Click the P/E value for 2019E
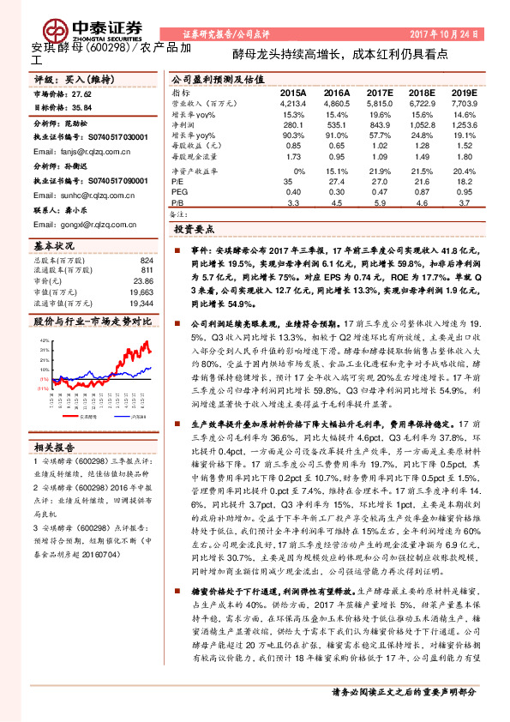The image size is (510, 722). coord(463,183)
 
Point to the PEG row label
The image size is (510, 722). coord(179,193)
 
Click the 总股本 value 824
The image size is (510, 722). coord(147,260)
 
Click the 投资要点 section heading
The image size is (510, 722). coord(195,231)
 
